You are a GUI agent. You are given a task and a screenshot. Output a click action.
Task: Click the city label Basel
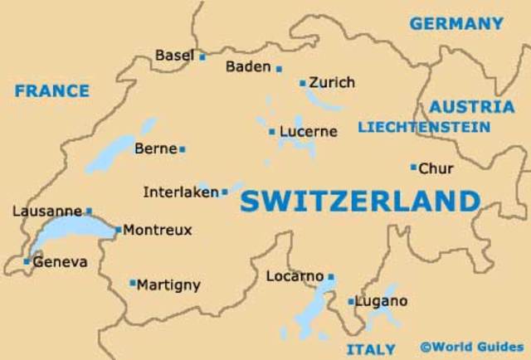[173, 56]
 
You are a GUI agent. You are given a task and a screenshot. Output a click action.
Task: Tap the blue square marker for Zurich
[303, 83]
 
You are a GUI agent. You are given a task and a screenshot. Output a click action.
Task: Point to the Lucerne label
[309, 131]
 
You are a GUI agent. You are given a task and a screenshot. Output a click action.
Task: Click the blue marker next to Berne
[183, 149]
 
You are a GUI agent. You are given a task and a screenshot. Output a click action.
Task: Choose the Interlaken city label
[180, 192]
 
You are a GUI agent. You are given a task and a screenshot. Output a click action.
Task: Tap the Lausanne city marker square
[89, 212]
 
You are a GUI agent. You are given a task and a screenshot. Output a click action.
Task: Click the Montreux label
[158, 230]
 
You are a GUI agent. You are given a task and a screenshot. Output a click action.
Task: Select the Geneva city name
[60, 261]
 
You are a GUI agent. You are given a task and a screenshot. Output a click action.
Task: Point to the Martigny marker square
[133, 283]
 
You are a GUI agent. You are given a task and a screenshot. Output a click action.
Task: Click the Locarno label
[295, 276]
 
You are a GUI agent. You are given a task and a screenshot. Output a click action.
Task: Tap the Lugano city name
[381, 301]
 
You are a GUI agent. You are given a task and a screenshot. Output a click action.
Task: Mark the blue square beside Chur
[413, 168]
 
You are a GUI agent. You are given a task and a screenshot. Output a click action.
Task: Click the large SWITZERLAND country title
[360, 202]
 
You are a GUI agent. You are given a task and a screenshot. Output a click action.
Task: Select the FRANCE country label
[51, 91]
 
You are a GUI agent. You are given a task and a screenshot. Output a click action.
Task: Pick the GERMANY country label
[456, 24]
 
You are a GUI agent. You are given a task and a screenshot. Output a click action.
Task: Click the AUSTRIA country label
[471, 107]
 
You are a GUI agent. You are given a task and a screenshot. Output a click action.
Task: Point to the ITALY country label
[371, 348]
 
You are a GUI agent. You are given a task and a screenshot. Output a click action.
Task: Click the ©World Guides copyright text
[471, 346]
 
